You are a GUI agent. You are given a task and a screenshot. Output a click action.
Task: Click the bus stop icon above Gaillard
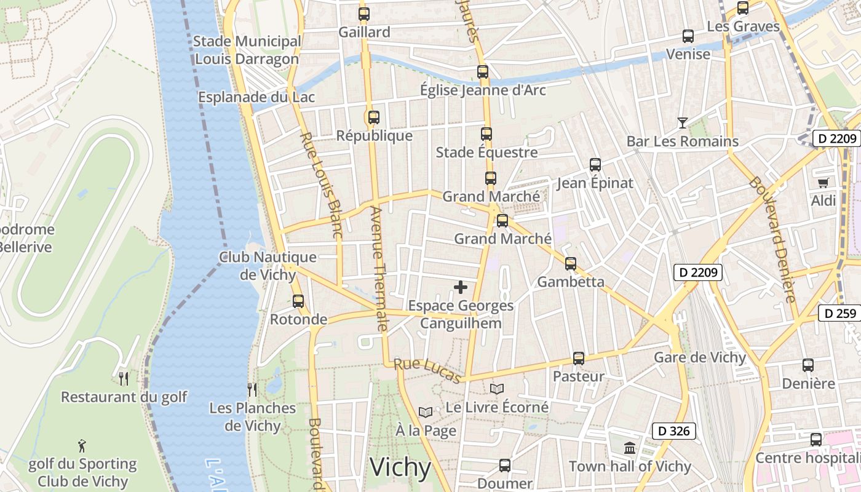click(x=364, y=14)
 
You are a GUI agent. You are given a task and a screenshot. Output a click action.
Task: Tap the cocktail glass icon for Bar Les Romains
click(x=682, y=123)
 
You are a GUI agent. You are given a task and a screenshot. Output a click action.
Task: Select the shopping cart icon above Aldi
click(x=823, y=183)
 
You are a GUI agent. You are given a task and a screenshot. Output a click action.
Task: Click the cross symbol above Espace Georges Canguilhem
click(x=460, y=287)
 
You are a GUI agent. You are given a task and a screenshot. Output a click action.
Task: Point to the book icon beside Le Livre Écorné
click(x=497, y=389)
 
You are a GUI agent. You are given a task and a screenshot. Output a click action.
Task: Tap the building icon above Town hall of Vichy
click(x=630, y=448)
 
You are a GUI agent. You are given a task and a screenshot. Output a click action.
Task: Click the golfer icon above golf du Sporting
click(x=82, y=445)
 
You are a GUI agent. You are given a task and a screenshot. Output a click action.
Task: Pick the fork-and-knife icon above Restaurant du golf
click(x=124, y=378)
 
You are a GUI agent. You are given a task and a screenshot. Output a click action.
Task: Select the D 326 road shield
click(x=673, y=431)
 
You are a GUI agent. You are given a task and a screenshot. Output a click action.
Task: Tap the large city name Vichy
click(x=400, y=467)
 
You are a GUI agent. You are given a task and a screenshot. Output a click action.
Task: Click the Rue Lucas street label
click(x=427, y=370)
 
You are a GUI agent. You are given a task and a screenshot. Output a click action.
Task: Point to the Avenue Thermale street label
click(x=378, y=269)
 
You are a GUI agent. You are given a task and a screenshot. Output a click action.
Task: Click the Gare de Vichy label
click(x=699, y=357)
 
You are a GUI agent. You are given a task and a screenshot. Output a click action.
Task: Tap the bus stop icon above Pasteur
click(x=578, y=358)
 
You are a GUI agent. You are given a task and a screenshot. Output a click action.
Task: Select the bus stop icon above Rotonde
click(x=298, y=301)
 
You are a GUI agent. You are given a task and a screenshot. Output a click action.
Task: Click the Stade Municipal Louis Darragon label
click(x=247, y=50)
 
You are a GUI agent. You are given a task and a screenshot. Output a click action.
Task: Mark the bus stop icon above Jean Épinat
click(x=595, y=165)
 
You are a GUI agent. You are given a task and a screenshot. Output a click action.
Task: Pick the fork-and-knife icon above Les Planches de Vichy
click(x=252, y=389)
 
